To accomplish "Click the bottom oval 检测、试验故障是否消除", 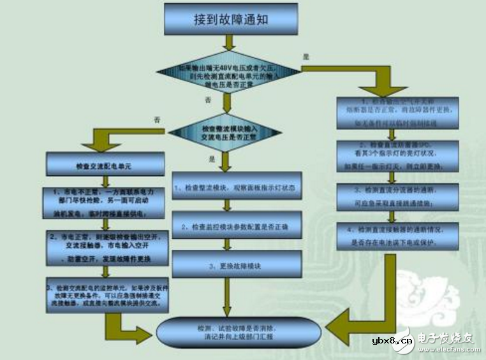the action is tap(237, 331).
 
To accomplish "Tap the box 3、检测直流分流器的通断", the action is tap(397, 196).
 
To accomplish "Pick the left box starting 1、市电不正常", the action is tap(107, 203).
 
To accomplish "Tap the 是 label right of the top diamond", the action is tap(306, 57).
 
